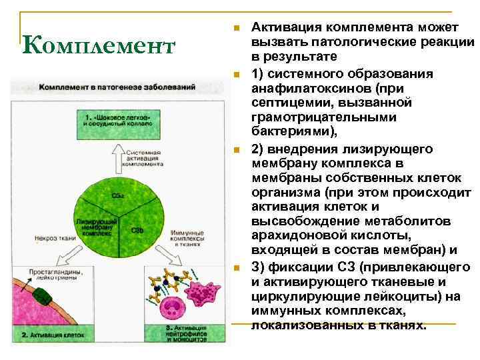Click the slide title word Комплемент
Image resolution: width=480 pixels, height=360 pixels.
pyautogui.click(x=98, y=46)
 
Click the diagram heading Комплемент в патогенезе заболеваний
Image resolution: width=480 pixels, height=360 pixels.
pyautogui.click(x=117, y=87)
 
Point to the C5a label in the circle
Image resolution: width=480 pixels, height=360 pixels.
pyautogui.click(x=117, y=195)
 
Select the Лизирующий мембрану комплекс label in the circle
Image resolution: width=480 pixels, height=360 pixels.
pyautogui.click(x=94, y=225)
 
